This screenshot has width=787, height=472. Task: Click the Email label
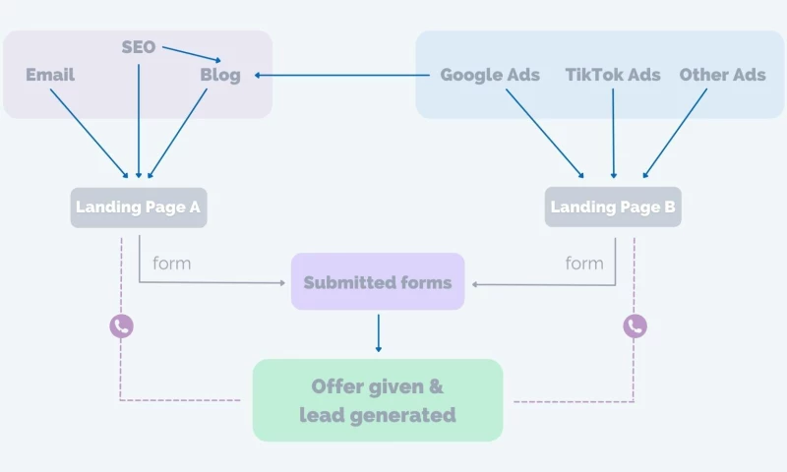[50, 75]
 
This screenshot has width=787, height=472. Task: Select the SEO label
[139, 47]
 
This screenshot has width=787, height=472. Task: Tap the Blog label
[220, 76]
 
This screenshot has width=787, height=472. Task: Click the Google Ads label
[490, 75]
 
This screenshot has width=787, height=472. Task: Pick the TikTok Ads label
[613, 75]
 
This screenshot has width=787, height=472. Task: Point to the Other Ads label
[722, 75]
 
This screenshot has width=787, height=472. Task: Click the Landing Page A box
[139, 207]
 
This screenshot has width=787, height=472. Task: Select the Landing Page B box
[613, 207]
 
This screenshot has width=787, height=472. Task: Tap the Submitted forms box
[378, 282]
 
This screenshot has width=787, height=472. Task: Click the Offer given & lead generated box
[378, 400]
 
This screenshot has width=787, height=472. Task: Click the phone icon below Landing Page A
[121, 326]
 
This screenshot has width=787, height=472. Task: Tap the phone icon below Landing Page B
[636, 326]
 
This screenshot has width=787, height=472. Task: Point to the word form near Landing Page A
[172, 264]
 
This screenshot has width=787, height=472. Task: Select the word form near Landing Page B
[584, 264]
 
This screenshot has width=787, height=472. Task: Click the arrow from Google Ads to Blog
[344, 75]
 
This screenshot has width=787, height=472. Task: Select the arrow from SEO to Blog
[192, 52]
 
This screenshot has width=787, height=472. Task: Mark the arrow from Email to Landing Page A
[89, 133]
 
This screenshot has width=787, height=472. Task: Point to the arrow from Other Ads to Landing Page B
[675, 133]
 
